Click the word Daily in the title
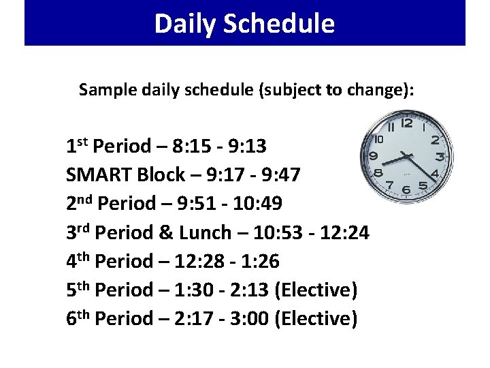point(179,24)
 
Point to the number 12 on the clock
point(407,124)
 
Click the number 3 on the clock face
point(440,157)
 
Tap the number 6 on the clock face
point(406,189)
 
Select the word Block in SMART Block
point(161,175)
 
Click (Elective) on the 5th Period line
point(315,290)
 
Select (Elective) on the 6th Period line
point(315,319)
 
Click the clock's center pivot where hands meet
point(408,155)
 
